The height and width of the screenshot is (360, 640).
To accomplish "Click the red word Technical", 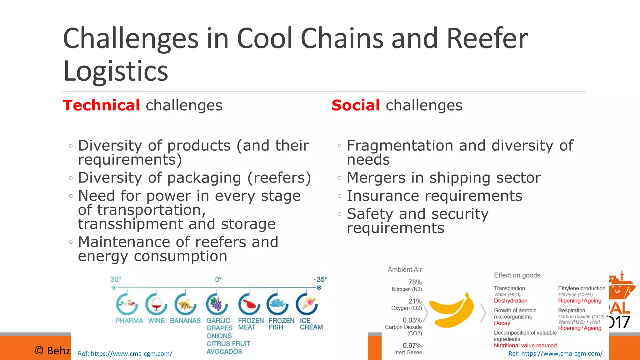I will [101, 105].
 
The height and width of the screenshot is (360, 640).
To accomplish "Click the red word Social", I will [356, 105].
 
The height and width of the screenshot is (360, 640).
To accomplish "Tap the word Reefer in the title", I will [487, 38].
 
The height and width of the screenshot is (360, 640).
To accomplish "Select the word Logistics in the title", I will [116, 71].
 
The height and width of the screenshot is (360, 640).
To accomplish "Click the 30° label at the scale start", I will [115, 279].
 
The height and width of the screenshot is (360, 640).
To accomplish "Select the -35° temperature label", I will [320, 279].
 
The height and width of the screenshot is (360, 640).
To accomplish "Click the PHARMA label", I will [129, 321].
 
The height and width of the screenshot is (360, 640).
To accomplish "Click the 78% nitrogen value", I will [415, 282].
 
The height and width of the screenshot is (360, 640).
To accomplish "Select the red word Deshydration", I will [510, 301].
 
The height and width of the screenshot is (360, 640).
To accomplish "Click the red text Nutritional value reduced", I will [525, 345].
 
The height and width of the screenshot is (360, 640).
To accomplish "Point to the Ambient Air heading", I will [404, 269].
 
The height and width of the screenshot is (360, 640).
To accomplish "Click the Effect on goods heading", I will [517, 275].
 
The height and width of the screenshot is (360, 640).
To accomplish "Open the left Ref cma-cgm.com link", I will [125, 354].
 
